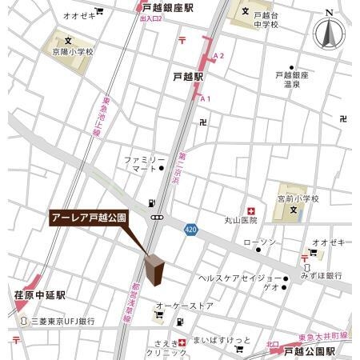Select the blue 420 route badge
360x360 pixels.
coord(190,228)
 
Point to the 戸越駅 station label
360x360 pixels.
coord(188,78)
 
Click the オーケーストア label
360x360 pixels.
coord(185,306)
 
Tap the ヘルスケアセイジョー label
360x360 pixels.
coord(235,278)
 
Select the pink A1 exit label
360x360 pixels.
coord(206,98)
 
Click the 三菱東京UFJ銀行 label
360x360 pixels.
coord(62,321)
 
